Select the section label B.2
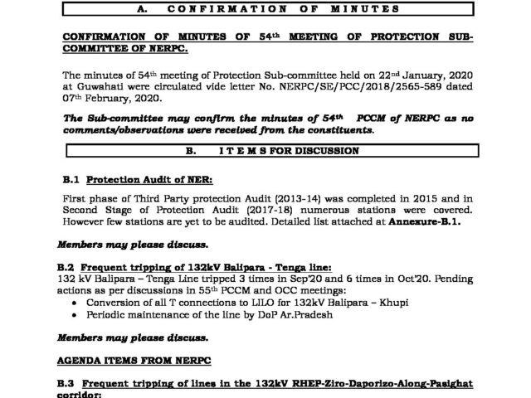click(71, 266)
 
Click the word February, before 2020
click(111, 100)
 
